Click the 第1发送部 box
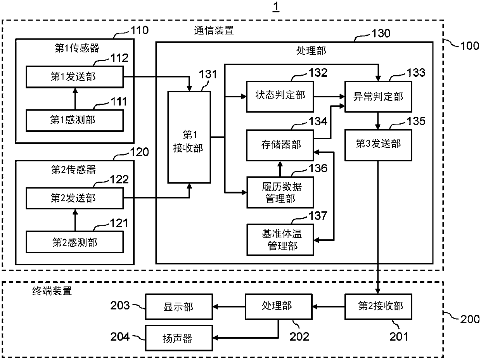[75, 77]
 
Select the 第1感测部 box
[75, 120]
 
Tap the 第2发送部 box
[75, 198]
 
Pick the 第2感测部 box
[75, 242]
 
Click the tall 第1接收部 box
[189, 137]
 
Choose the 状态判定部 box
[280, 97]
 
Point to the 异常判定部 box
[378, 97]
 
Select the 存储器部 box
[280, 145]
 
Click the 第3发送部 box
[378, 145]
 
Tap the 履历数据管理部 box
[280, 192]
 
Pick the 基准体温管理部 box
[280, 240]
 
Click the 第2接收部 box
[378, 306]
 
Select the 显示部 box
[179, 306]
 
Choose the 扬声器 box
[179, 338]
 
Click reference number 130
[381, 33]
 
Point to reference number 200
[470, 319]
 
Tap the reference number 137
[318, 216]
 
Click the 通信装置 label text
[214, 31]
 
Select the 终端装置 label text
[52, 291]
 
